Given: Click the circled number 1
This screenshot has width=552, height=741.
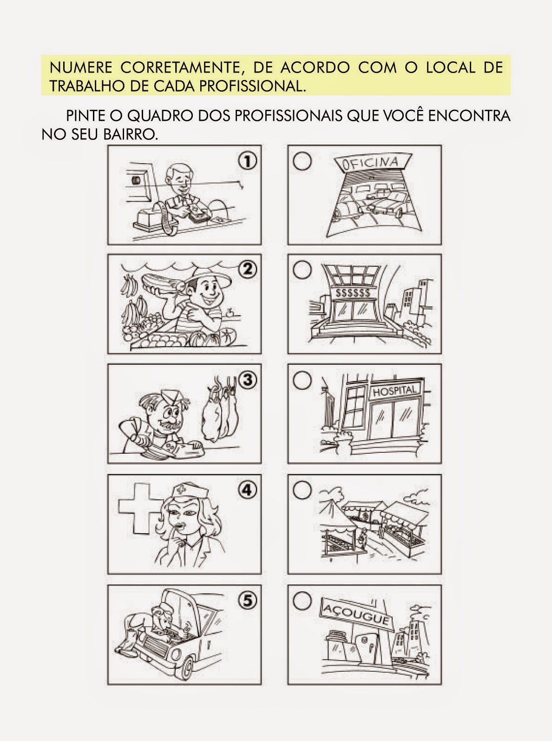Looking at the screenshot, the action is click(247, 161).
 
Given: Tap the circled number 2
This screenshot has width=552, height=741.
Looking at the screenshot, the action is click(248, 270).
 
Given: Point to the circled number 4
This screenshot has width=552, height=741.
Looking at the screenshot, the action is click(247, 490).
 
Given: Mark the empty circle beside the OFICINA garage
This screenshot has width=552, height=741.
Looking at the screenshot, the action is click(302, 161).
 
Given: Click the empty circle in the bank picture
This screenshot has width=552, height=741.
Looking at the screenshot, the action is click(302, 270).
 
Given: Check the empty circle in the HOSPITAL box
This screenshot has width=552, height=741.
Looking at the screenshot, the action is click(302, 380).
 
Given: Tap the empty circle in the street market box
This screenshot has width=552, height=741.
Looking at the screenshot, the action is click(302, 490).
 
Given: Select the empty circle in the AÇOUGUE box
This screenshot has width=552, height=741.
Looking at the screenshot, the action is click(302, 600).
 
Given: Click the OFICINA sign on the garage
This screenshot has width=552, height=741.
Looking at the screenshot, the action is click(373, 162).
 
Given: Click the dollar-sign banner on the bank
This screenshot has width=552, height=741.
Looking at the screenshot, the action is click(353, 293).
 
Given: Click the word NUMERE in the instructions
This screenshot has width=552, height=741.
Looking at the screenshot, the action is click(81, 68).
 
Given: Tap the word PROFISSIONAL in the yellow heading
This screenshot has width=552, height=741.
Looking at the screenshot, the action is click(252, 86).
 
